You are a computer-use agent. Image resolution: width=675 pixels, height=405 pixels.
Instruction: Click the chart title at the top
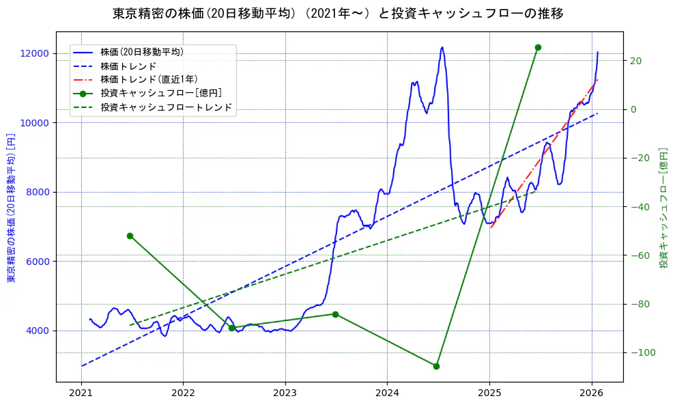338,14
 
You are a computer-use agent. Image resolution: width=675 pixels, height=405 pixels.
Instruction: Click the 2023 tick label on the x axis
285,395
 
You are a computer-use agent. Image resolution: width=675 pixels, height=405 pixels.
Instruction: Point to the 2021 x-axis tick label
81,395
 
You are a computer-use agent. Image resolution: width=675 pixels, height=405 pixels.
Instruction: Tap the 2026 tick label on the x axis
591,395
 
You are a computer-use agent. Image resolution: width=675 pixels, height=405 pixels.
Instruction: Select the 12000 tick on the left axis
35,53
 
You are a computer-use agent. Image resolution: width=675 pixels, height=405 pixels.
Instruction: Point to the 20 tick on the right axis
635,61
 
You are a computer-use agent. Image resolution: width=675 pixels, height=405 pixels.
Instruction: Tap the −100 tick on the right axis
640,352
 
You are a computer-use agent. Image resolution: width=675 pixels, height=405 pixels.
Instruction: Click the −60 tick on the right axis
637,255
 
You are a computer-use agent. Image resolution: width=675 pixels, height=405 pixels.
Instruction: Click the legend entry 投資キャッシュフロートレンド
166,107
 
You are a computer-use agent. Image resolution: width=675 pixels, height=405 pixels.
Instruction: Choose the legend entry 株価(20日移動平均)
141,51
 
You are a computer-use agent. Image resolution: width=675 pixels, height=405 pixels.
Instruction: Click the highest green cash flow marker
538,47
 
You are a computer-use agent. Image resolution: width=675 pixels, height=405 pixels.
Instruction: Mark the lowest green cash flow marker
436,366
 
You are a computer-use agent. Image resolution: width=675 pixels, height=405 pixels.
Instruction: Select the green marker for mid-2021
130,236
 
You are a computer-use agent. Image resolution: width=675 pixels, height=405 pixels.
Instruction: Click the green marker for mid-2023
335,314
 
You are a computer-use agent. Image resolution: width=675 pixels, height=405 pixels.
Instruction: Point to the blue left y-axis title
11,209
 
